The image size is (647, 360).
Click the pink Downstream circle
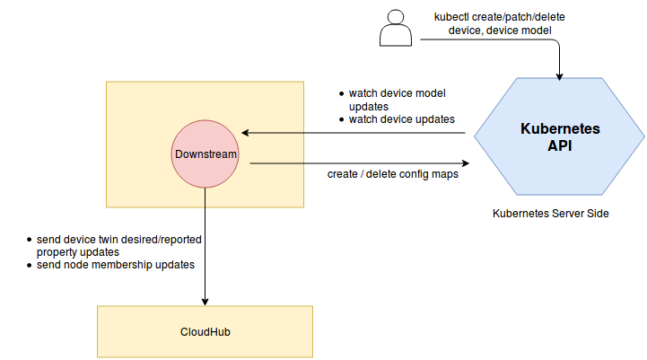[205, 154]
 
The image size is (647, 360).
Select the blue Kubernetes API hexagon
[559, 136]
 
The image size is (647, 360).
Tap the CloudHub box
[205, 331]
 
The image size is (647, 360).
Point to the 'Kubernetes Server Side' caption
[551, 214]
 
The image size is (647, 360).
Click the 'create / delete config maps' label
[393, 174]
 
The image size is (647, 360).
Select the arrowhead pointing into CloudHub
[205, 301]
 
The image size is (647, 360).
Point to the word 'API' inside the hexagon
[560, 145]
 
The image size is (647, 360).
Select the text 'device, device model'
[502, 30]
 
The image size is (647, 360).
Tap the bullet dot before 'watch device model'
[341, 94]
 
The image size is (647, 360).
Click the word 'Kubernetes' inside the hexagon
[560, 129]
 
